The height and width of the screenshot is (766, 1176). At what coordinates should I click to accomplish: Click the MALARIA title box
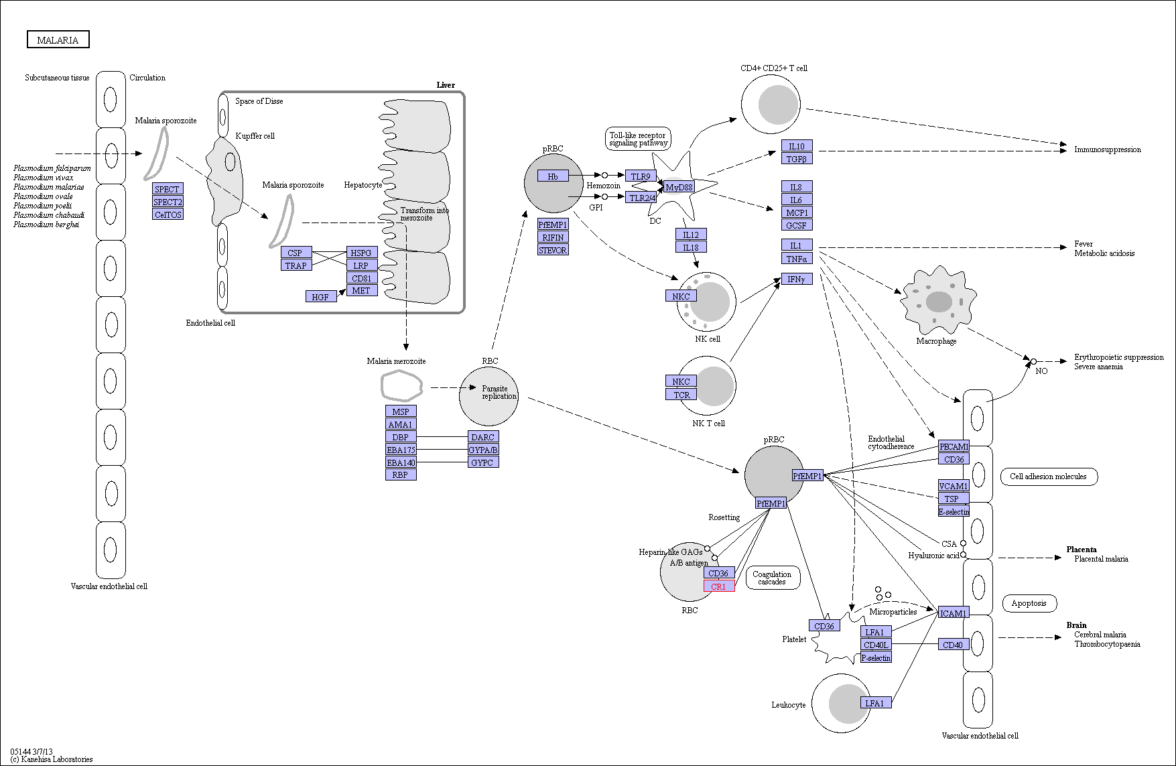tap(58, 40)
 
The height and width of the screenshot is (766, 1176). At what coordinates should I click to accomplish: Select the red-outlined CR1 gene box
tap(718, 586)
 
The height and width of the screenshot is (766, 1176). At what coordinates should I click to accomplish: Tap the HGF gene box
tap(320, 296)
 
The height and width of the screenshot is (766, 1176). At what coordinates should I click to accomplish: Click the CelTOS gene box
tap(168, 214)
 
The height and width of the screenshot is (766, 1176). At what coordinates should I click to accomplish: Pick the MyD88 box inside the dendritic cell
tap(679, 187)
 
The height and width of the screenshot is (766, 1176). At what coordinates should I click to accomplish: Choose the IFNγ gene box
tap(796, 279)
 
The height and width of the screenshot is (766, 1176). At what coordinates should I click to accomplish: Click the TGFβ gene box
tap(796, 159)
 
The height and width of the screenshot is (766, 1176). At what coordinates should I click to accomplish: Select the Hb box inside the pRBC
tap(553, 176)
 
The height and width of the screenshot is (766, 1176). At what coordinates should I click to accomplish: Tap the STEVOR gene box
tap(553, 250)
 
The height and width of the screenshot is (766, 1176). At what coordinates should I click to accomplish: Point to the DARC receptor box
tap(482, 437)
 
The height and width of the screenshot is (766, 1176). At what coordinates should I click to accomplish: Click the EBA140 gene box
tap(401, 462)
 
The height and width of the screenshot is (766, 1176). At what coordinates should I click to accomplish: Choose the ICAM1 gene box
tap(953, 613)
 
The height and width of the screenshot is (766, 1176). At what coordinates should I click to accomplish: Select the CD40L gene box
tap(876, 645)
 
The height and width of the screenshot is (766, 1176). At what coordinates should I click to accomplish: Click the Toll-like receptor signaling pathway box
tap(638, 139)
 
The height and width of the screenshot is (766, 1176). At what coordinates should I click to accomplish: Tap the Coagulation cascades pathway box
tap(772, 578)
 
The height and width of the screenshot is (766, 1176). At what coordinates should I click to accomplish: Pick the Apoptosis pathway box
tap(1029, 603)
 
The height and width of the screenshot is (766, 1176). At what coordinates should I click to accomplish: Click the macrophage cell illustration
tap(938, 301)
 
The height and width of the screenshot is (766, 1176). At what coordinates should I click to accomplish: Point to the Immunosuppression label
tap(1107, 149)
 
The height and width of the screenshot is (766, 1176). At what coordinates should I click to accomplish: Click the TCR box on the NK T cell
tap(681, 395)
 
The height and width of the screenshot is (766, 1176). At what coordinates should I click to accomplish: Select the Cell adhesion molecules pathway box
tap(1048, 476)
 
